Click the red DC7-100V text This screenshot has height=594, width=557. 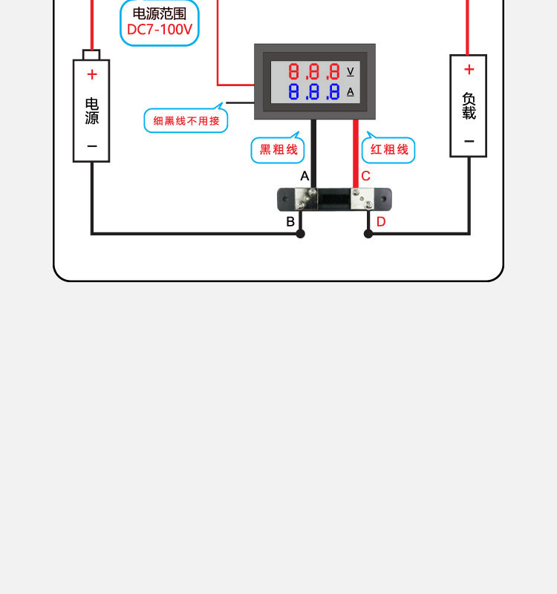click(160, 30)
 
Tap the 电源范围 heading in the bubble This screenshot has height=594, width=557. click(160, 13)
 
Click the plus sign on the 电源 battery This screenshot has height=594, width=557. click(91, 74)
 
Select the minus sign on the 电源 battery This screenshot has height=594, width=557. click(91, 146)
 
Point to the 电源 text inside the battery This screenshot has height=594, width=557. click(91, 111)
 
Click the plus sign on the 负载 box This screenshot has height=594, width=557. click(469, 70)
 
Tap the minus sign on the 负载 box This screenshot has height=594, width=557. click(469, 141)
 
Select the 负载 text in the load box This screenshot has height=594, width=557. click(469, 105)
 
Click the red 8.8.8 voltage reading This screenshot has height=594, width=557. click(314, 72)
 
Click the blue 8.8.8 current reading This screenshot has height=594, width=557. click(314, 92)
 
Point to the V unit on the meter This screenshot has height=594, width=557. click(351, 71)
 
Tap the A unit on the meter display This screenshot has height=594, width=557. click(351, 92)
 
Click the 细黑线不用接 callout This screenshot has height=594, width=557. click(186, 120)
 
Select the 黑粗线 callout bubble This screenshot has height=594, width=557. click(278, 150)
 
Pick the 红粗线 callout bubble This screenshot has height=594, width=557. click(389, 150)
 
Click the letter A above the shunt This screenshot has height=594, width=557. click(304, 176)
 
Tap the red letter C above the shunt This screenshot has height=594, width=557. click(365, 176)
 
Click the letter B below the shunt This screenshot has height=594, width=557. click(290, 221)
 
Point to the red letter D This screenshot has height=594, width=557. click(381, 221)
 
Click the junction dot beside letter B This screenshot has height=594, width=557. click(300, 233)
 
